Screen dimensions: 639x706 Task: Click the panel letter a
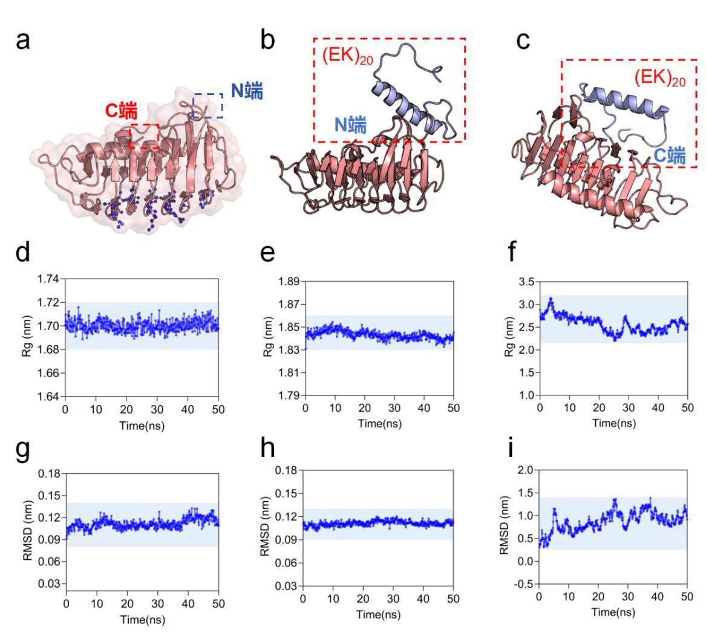click(x=23, y=41)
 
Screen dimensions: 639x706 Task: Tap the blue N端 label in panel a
click(x=247, y=91)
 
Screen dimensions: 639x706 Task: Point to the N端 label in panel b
click(x=350, y=125)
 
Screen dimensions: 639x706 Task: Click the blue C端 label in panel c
click(x=669, y=156)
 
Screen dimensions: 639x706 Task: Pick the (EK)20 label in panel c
click(x=660, y=78)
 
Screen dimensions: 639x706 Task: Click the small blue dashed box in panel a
click(x=208, y=106)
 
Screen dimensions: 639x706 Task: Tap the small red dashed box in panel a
click(x=145, y=137)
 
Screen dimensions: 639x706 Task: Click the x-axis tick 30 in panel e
click(x=394, y=409)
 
